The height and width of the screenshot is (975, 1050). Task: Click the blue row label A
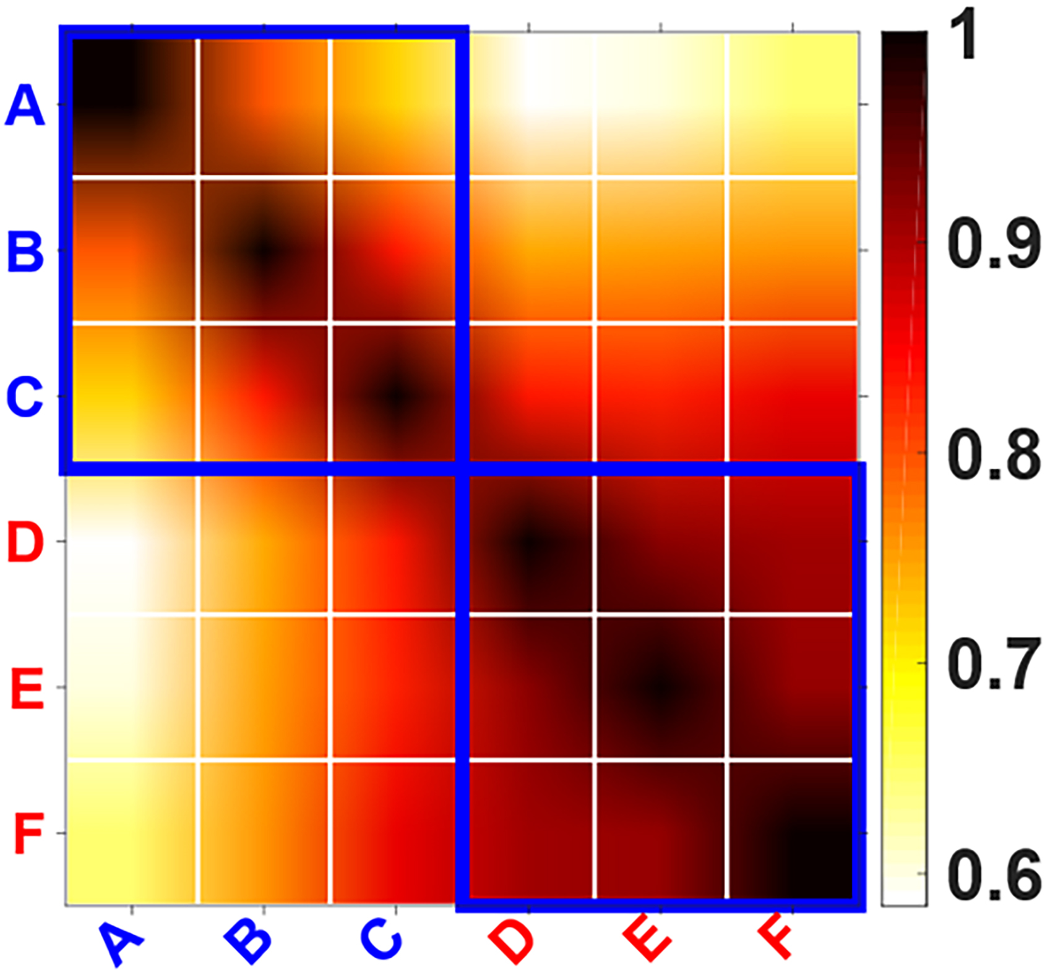click(x=25, y=106)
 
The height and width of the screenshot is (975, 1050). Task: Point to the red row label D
click(x=25, y=542)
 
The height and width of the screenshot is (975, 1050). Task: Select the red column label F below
click(x=776, y=939)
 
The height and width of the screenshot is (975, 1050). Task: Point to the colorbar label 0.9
click(x=994, y=244)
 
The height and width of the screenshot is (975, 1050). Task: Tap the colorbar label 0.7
click(x=994, y=665)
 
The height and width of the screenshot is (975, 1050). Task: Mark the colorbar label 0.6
click(x=994, y=875)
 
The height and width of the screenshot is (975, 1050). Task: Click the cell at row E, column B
click(x=264, y=687)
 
